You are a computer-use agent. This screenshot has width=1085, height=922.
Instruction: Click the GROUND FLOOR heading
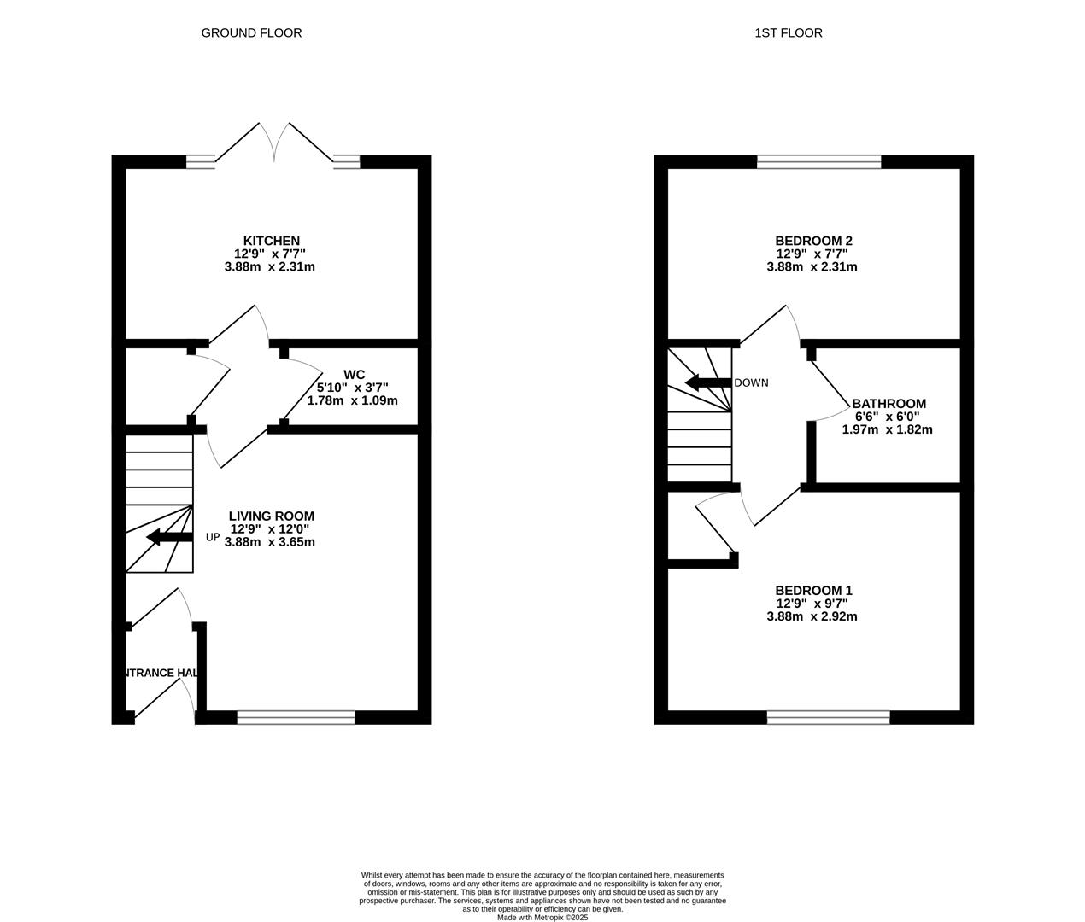tap(251, 33)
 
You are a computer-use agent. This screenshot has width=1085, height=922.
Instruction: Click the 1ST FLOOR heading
tap(789, 33)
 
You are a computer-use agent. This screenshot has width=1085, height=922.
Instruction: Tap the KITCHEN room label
tap(272, 241)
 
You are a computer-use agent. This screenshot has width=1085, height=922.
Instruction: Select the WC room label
tap(355, 375)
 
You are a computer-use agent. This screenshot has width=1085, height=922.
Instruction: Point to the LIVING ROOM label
tap(272, 516)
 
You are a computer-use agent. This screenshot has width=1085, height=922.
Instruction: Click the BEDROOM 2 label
tap(813, 241)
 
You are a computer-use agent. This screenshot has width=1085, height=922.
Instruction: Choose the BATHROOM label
tap(889, 404)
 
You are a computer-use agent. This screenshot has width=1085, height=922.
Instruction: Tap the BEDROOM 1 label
tap(813, 591)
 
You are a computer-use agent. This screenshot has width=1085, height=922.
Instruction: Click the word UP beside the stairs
tap(213, 538)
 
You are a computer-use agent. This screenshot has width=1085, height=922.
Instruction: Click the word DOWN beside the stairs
tap(751, 382)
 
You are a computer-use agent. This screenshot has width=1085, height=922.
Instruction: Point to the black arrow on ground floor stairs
tap(169, 537)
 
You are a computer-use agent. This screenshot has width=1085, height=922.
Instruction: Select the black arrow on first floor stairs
tap(708, 382)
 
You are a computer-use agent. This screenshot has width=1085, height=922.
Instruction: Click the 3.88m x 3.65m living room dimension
tap(270, 542)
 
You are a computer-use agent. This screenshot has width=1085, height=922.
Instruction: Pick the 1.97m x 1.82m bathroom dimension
tap(887, 429)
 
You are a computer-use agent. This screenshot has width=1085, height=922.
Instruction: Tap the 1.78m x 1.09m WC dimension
tap(352, 400)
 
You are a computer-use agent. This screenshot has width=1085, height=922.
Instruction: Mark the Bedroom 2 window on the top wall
tap(818, 161)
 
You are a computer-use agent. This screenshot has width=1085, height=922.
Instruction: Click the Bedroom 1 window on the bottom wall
tap(829, 717)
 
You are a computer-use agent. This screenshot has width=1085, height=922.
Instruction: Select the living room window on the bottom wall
tap(296, 717)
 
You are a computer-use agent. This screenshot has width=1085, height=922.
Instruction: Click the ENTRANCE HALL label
tap(161, 673)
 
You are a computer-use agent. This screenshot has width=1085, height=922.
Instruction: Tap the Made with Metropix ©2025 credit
tap(542, 918)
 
